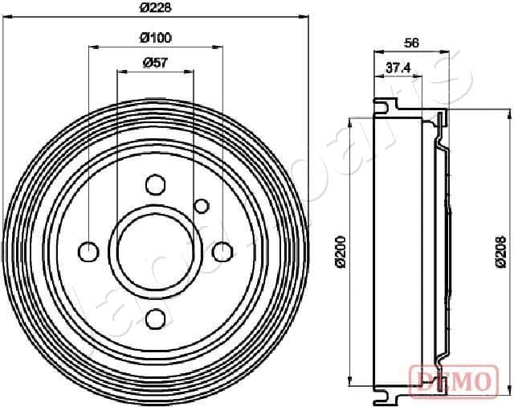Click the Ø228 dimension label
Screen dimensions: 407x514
155,7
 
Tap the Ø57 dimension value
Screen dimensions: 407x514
154,63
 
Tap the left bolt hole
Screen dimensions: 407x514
88,252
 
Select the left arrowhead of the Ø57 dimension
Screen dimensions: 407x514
120,72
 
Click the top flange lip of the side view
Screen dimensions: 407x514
385,104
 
